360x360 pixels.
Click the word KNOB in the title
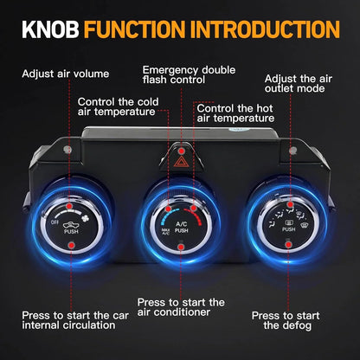coord(50,29)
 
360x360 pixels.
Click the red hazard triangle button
coord(181,163)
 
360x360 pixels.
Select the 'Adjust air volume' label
coord(66,74)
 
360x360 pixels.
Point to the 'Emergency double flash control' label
coord(189,74)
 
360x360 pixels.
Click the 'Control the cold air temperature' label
coord(119,106)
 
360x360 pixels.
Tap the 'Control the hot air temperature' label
coord(235,113)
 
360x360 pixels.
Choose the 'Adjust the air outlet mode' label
coord(299,84)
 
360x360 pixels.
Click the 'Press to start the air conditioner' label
coord(181,307)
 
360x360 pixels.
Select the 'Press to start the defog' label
coord(286,320)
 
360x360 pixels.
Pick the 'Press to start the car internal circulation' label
coord(75,320)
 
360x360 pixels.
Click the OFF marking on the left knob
coord(55,222)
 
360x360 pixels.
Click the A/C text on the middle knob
coord(182,224)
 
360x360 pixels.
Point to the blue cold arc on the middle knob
coord(169,215)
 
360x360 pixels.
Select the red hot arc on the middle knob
coord(194,215)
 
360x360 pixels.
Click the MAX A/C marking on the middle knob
coord(165,231)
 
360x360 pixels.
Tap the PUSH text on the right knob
coord(288,229)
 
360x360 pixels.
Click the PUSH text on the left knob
coord(71,231)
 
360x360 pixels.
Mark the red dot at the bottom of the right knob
coord(288,245)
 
